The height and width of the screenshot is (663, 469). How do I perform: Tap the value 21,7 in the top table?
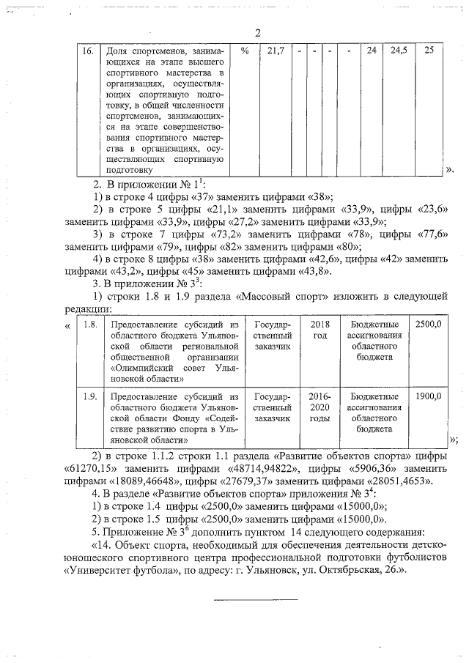click(x=276, y=51)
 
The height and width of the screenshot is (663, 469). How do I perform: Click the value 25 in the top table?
click(x=429, y=51)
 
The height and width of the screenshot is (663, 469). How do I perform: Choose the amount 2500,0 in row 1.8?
click(x=428, y=324)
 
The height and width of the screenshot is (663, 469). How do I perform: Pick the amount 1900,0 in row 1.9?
click(x=428, y=397)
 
